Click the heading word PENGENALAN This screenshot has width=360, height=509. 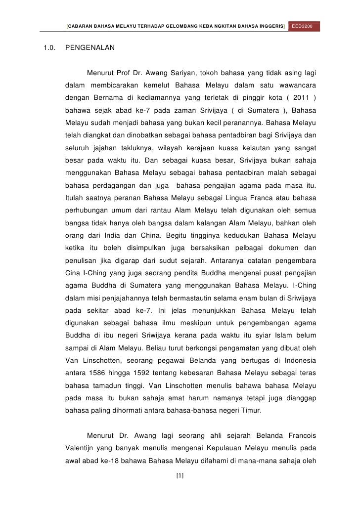pos(90,48)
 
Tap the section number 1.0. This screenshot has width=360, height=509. pos(48,48)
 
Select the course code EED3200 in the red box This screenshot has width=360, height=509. pos(305,25)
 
